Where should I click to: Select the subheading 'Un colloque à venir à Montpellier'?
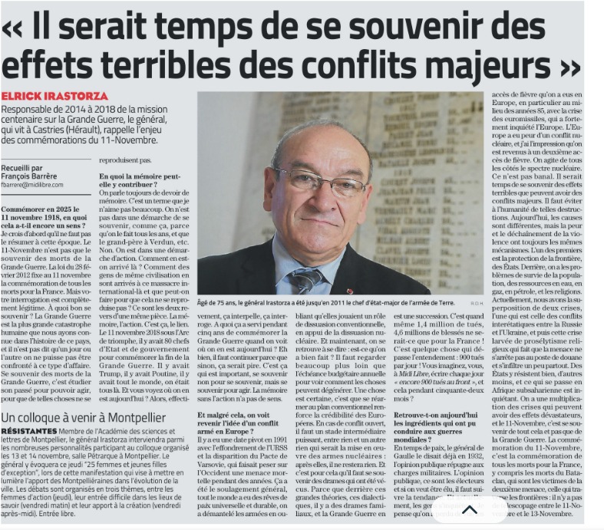pos(84,417)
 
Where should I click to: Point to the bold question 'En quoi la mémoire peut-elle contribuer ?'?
pos(144,180)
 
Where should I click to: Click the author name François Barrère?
pos(34,176)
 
